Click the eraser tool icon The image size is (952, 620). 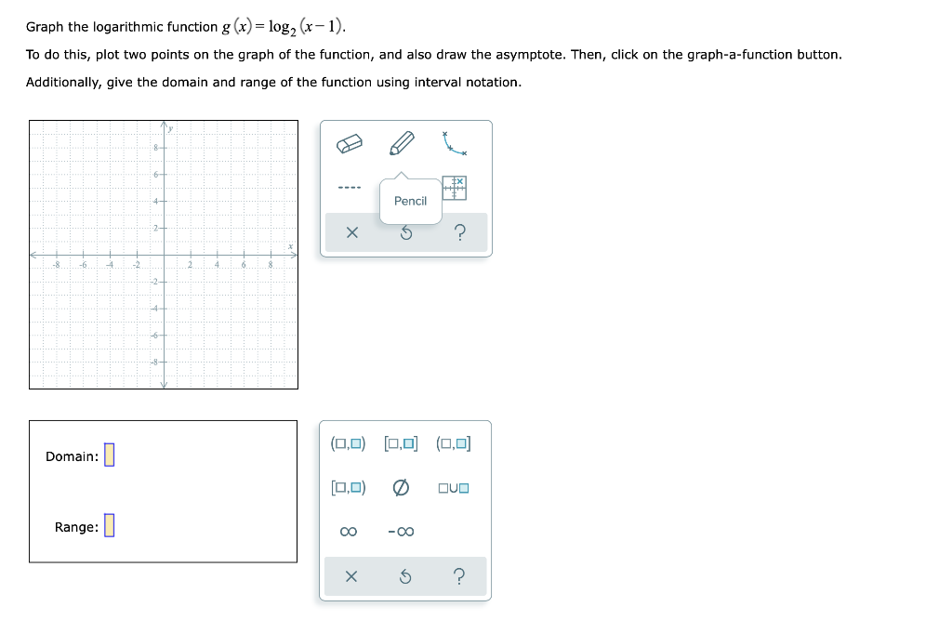(x=349, y=143)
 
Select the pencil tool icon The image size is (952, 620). (x=402, y=143)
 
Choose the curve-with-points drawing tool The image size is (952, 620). (x=455, y=142)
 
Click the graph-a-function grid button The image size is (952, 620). (x=455, y=188)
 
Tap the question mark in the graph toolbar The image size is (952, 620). (x=459, y=233)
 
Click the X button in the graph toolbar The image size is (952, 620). (x=351, y=233)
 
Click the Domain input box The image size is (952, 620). (x=109, y=455)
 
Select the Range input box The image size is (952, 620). (x=109, y=526)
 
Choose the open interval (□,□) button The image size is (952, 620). (x=349, y=443)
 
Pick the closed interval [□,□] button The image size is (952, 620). (x=401, y=443)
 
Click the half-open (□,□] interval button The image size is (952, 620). (x=453, y=443)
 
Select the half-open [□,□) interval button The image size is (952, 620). (x=349, y=487)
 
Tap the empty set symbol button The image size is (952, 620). (x=401, y=487)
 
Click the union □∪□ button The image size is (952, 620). (x=453, y=487)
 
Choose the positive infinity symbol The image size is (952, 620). (x=349, y=532)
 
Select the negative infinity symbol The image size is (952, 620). (x=401, y=532)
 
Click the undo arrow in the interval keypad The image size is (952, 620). (x=405, y=577)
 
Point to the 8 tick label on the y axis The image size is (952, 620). (x=154, y=147)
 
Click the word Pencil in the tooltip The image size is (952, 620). (x=410, y=201)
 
